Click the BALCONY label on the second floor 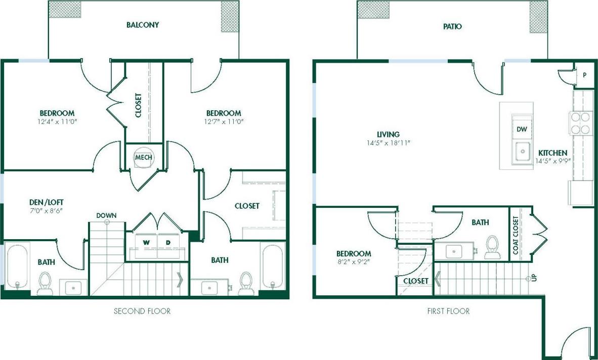(143, 25)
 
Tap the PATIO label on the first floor (452, 26)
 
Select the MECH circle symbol (143, 157)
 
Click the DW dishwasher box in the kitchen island (522, 129)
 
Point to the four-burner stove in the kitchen (580, 123)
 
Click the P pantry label (584, 75)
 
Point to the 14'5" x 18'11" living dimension (389, 143)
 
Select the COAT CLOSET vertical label (516, 235)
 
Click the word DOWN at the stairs (107, 215)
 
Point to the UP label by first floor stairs (534, 279)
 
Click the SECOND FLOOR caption (142, 311)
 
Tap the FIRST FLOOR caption (448, 311)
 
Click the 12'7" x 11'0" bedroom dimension (223, 122)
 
